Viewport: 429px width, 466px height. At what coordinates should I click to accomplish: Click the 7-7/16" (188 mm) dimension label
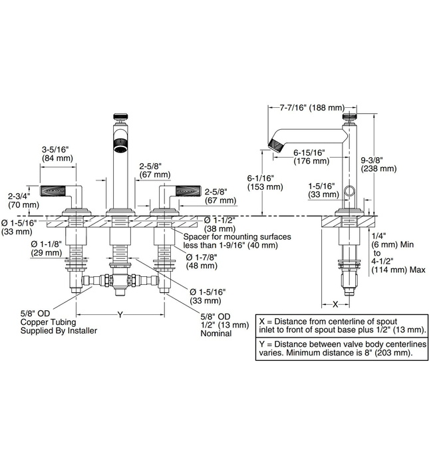[x=312, y=107]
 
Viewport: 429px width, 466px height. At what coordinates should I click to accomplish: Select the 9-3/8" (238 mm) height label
[x=378, y=164]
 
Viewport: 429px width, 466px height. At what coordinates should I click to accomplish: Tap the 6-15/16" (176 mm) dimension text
[x=311, y=157]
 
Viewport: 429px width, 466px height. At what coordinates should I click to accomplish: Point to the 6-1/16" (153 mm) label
[x=265, y=182]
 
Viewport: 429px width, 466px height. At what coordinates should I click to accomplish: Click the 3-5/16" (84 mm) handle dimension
[x=57, y=154]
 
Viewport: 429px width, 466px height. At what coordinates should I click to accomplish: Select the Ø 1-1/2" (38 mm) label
[x=219, y=224]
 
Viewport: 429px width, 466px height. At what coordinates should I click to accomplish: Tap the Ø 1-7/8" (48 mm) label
[x=202, y=261]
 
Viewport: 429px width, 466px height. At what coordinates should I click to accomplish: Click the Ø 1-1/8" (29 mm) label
[x=47, y=248]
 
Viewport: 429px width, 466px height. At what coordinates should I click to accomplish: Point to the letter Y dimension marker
[x=120, y=314]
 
